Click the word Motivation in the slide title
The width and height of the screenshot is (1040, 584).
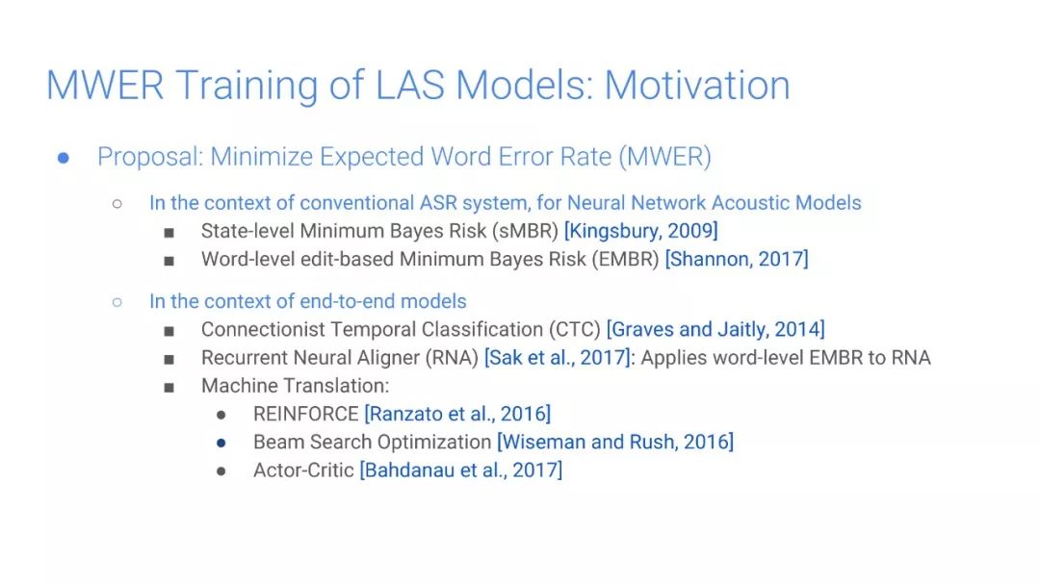[x=697, y=85]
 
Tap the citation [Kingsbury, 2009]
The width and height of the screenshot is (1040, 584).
[x=640, y=231]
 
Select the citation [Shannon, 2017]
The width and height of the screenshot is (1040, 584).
[x=737, y=259]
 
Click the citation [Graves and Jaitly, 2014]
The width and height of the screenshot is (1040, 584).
[x=715, y=329]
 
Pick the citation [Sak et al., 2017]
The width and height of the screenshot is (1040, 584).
[x=558, y=358]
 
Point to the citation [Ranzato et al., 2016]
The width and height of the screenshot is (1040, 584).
[x=457, y=415]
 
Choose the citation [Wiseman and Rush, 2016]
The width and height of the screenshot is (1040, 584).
[x=615, y=443]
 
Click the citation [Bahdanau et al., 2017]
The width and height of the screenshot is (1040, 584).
[x=461, y=470]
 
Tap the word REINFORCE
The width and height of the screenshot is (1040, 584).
[x=306, y=415]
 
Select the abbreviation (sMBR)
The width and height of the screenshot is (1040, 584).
[x=525, y=231]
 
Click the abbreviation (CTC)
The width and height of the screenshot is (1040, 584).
[x=574, y=329]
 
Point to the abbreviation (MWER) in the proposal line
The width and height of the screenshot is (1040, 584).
[x=664, y=157]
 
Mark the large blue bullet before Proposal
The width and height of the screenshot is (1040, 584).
[x=64, y=158]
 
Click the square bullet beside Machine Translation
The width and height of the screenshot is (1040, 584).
[x=169, y=387]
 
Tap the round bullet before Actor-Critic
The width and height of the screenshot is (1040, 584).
[x=221, y=471]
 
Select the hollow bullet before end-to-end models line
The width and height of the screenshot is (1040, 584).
[x=117, y=302]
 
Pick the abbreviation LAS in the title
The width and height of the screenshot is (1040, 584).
[x=410, y=85]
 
